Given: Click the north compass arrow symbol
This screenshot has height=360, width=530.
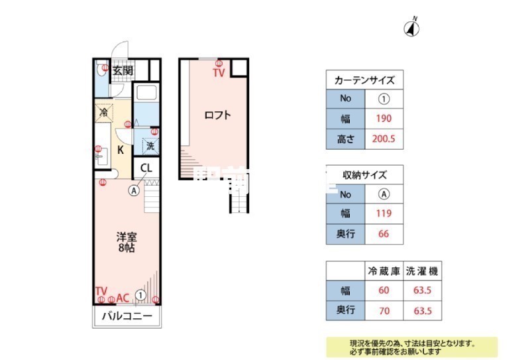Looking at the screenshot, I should (413, 28).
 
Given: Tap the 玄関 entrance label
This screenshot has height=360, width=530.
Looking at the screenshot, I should (123, 70).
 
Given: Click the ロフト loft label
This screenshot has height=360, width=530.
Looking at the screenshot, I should (217, 115).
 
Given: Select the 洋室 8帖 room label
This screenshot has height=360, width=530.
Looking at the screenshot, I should (127, 243).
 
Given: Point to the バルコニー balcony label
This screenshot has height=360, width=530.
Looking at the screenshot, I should (127, 316).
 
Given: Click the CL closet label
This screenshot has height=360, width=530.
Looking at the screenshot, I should (146, 168).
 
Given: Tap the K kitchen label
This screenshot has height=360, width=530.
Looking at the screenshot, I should (121, 150).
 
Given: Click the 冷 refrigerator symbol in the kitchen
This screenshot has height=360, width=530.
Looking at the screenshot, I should (103, 113).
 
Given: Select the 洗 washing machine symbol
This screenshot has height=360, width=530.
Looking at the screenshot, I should (150, 145).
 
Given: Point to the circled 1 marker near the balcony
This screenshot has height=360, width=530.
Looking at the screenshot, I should (140, 295).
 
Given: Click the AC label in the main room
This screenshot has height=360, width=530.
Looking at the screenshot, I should (123, 298).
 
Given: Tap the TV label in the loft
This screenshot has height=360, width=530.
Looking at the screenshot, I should (219, 73).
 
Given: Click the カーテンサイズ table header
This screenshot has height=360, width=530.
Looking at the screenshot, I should (364, 80).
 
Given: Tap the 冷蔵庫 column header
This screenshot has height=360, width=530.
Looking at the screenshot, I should (384, 270).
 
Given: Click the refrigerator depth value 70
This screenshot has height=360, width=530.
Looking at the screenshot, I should (384, 310).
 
